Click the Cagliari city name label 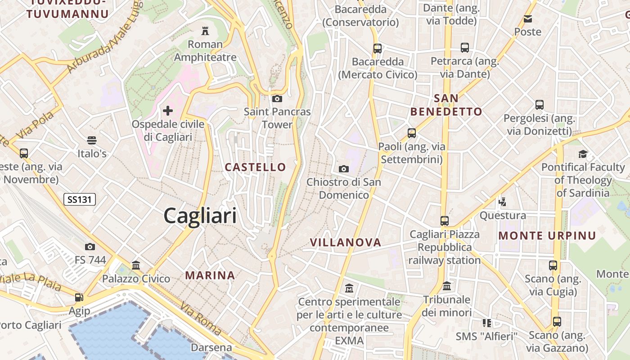(x=200, y=216)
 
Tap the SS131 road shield (x=80, y=199)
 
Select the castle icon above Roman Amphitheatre (x=205, y=31)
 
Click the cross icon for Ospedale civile (x=168, y=111)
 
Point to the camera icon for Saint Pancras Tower (x=277, y=99)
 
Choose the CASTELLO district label (x=255, y=167)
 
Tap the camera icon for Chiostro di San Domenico (x=344, y=169)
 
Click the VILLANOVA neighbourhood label (x=346, y=243)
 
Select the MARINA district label (x=210, y=275)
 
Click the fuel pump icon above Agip (x=79, y=297)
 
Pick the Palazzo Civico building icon (x=136, y=265)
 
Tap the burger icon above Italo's (x=92, y=140)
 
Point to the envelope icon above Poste (x=528, y=19)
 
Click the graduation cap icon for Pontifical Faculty (x=583, y=154)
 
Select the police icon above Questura (x=503, y=202)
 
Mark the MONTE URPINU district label (x=547, y=235)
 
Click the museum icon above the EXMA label (x=349, y=288)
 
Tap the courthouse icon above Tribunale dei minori (x=447, y=286)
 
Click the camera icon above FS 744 (x=90, y=247)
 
